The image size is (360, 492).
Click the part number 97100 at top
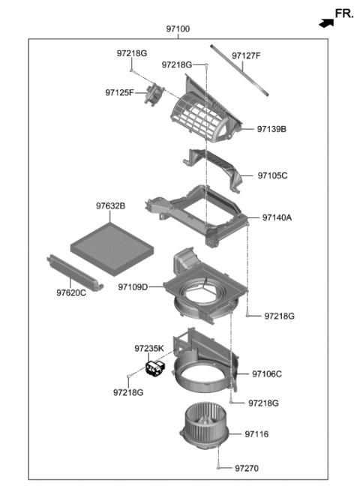(x=178, y=28)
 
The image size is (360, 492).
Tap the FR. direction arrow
(x=324, y=22)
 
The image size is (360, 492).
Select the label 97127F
(x=246, y=55)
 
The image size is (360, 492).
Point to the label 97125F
(x=119, y=92)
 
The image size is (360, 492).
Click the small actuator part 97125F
(x=154, y=94)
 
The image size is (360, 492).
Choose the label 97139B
(x=271, y=129)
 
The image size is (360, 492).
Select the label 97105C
(x=272, y=175)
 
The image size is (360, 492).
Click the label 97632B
(x=110, y=206)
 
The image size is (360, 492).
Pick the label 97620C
(x=72, y=292)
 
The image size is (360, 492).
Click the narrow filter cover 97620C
(x=74, y=269)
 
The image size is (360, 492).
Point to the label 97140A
(x=277, y=218)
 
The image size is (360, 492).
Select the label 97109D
(x=133, y=286)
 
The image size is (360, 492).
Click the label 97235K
(x=149, y=348)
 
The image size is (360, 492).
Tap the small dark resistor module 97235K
(x=156, y=370)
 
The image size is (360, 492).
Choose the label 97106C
(x=267, y=373)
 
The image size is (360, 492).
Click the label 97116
(x=256, y=434)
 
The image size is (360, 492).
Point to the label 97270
(x=246, y=469)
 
